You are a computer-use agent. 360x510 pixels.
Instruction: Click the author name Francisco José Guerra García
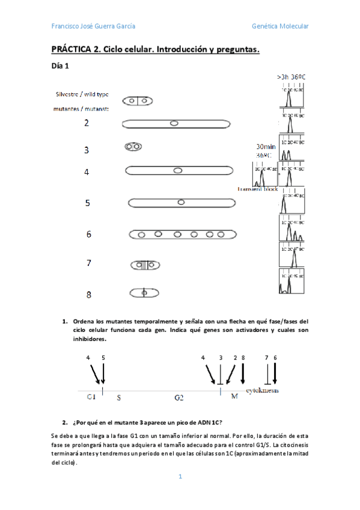[x=93, y=26]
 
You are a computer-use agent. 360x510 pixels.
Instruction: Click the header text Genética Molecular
[x=280, y=26]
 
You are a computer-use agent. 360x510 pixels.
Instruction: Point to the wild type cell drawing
[x=138, y=102]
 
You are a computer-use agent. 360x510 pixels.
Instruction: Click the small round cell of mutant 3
[x=133, y=146]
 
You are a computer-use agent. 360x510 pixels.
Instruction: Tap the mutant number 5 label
[x=88, y=203]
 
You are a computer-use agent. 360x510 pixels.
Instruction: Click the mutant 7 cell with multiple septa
[x=144, y=264]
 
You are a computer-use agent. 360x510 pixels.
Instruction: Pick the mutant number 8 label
[x=88, y=295]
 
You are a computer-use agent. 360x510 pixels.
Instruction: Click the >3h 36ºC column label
[x=291, y=77]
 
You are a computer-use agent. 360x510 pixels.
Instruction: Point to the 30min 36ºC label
[x=266, y=150]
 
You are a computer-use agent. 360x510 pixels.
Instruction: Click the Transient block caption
[x=258, y=189]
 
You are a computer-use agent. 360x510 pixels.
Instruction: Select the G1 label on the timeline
[x=91, y=397]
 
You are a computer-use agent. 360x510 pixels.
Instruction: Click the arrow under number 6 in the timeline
[x=275, y=373]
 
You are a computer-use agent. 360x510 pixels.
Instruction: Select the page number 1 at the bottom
[x=180, y=476]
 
